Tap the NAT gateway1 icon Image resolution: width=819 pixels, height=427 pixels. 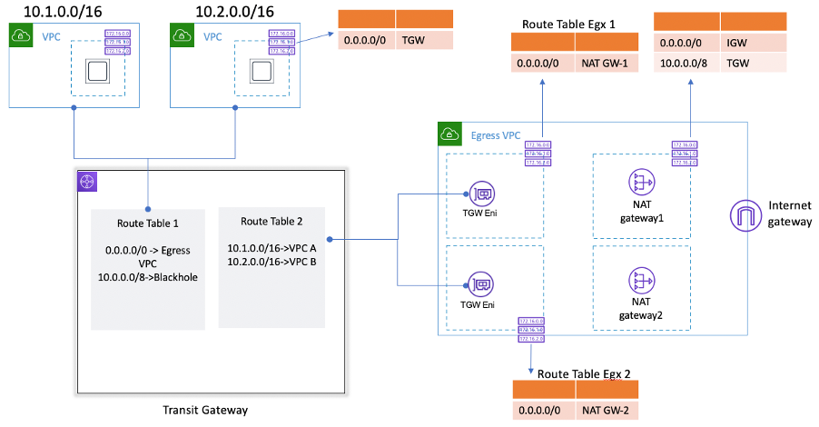click(x=642, y=184)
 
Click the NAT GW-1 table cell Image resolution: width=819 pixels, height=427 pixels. click(x=607, y=65)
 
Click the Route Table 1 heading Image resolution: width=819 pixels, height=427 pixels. click(x=148, y=223)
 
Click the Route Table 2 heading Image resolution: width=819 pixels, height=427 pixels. click(x=271, y=222)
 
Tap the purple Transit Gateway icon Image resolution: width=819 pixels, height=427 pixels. click(x=87, y=180)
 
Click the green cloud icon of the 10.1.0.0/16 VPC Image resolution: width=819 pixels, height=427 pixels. click(x=21, y=35)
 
